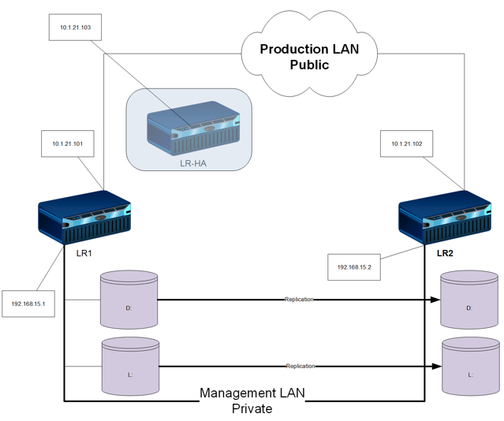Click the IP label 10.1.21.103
click(75, 27)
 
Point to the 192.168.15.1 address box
click(28, 303)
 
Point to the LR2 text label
click(445, 253)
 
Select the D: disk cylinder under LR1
click(129, 299)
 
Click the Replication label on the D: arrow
click(300, 300)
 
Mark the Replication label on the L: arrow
click(300, 366)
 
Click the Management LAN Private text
click(252, 401)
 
